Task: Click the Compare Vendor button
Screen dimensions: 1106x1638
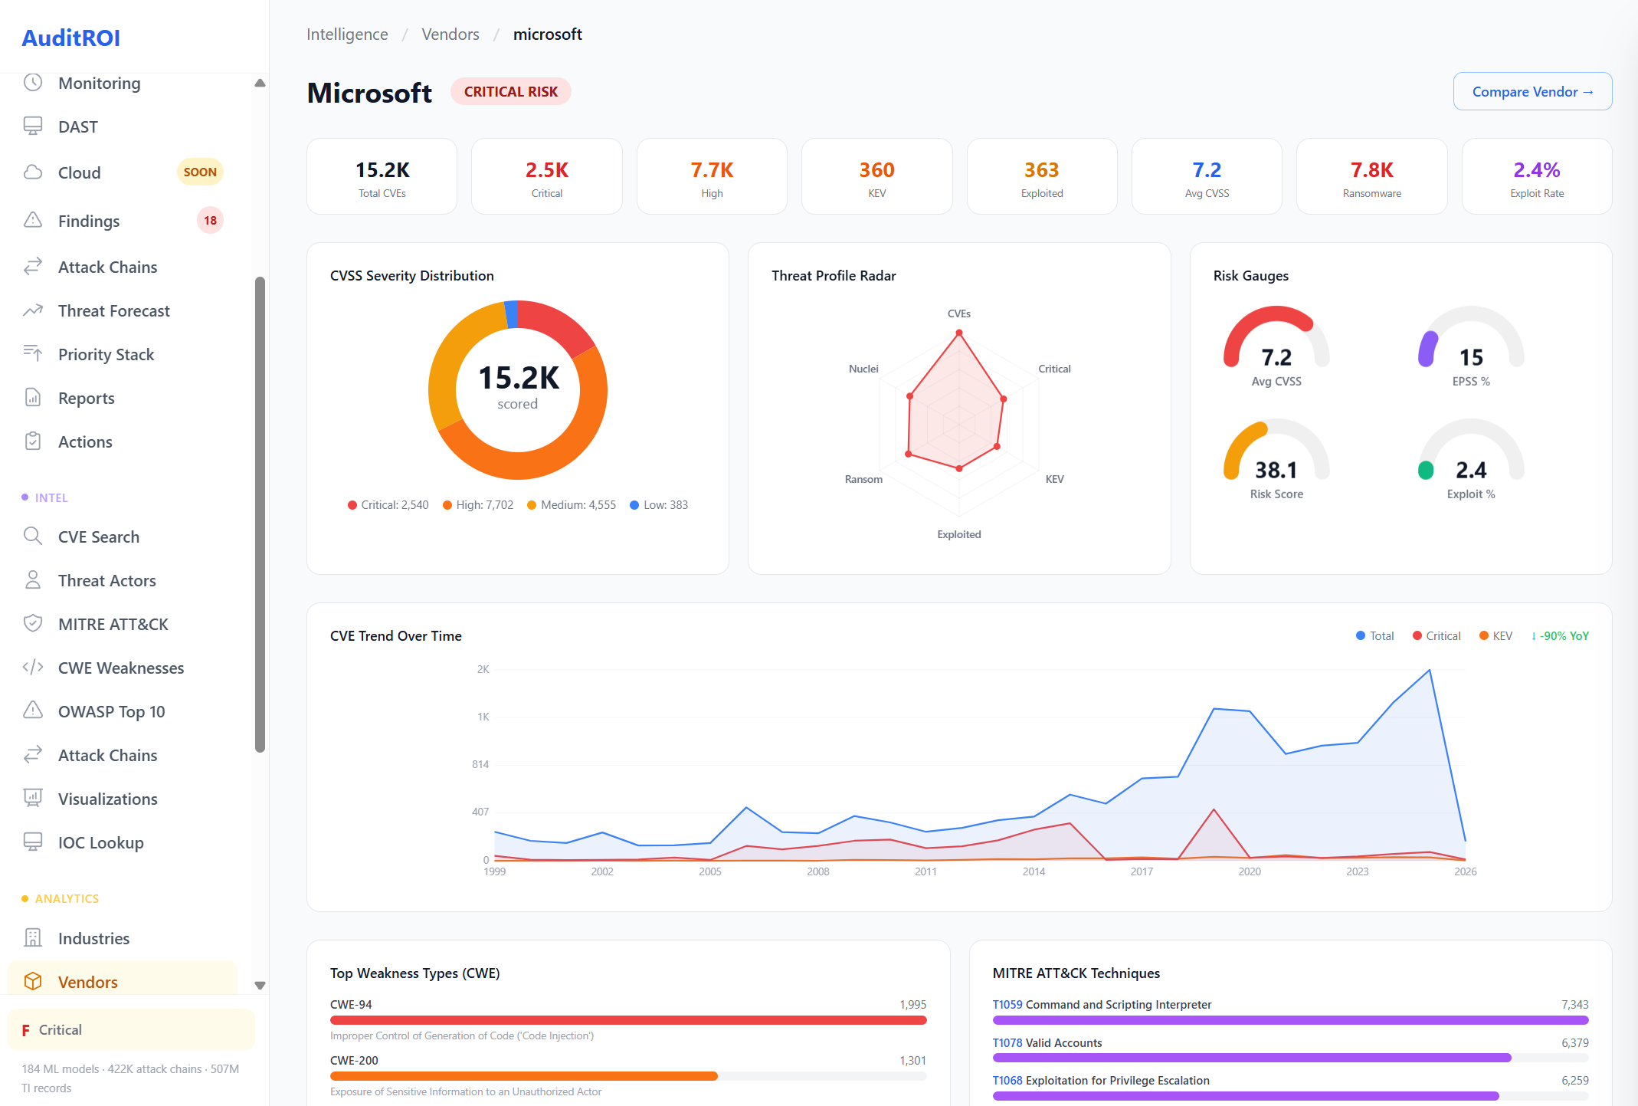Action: [1532, 91]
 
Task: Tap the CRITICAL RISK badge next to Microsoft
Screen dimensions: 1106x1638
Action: [510, 91]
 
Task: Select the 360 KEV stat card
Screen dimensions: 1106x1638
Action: [876, 176]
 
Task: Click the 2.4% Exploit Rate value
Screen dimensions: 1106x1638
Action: [1536, 169]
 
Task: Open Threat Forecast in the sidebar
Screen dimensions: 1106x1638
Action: [113, 310]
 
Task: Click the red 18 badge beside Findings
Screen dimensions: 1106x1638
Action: [210, 220]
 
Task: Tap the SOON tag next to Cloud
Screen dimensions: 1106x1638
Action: [200, 172]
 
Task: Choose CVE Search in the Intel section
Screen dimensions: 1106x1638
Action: [98, 537]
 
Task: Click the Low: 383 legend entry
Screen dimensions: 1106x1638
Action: [659, 504]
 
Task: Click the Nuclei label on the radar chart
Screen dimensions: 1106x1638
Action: [863, 369]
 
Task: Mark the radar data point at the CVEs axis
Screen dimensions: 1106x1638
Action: [958, 333]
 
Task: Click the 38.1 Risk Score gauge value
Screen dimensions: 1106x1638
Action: [1276, 469]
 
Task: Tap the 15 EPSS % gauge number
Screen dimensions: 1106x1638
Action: [1471, 357]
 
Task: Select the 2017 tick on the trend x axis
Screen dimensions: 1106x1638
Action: [1142, 871]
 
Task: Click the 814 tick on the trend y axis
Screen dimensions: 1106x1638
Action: [480, 764]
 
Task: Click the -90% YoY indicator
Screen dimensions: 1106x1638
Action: [1560, 635]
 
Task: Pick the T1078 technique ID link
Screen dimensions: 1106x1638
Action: [1007, 1042]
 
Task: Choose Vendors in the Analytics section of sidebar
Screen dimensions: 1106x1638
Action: [87, 982]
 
